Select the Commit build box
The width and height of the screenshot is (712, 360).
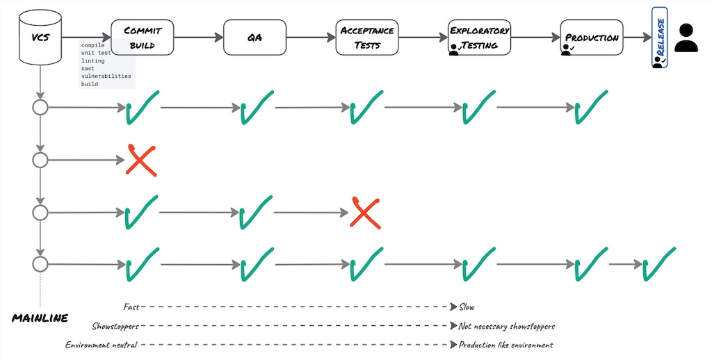(142, 38)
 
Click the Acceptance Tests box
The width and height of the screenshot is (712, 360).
(366, 38)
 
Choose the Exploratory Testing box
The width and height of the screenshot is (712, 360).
(479, 38)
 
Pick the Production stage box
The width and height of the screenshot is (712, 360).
(592, 38)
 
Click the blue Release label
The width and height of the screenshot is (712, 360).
(659, 38)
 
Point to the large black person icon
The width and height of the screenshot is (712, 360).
(686, 38)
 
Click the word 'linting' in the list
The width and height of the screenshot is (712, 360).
(93, 61)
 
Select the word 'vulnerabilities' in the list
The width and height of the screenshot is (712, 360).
(106, 76)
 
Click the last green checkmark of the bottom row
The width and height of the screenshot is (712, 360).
(658, 264)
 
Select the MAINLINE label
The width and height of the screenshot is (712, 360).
(40, 318)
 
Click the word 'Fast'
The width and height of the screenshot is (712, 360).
(131, 306)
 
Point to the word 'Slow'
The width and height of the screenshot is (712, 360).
(467, 306)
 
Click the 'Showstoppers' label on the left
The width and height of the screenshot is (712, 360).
(115, 326)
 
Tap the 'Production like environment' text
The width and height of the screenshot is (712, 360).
(505, 345)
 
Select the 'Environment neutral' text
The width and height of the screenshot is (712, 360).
(102, 345)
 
